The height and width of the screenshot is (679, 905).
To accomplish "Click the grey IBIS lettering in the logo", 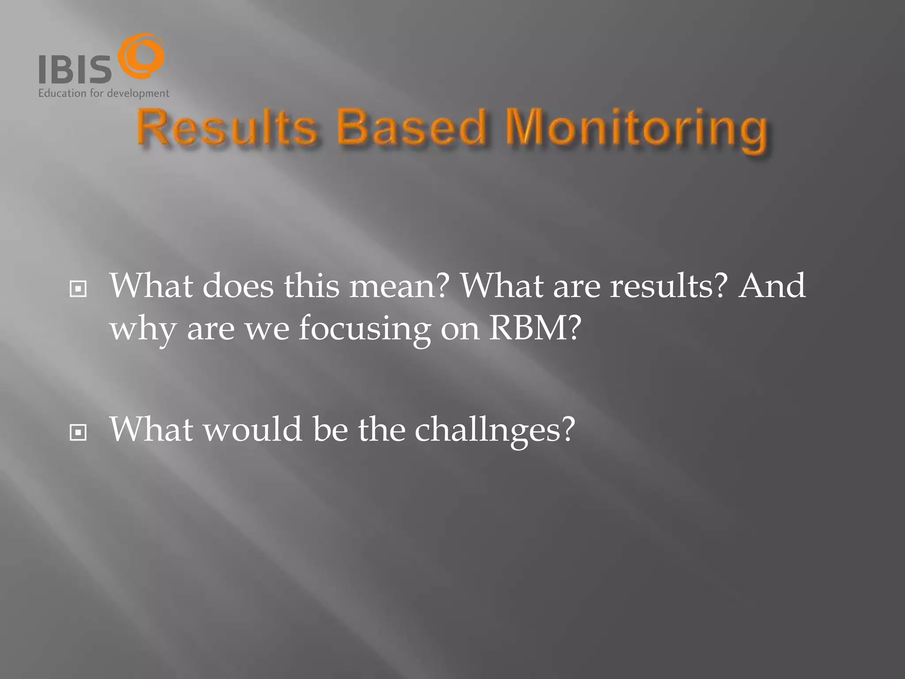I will [x=75, y=69].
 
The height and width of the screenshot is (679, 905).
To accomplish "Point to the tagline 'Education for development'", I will [x=103, y=93].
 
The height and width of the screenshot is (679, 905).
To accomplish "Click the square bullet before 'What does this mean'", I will [x=78, y=290].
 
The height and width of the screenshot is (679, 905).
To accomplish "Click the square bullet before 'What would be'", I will [x=78, y=432].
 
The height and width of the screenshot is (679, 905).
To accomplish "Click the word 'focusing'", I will [x=364, y=329].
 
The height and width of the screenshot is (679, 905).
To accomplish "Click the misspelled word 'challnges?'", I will [x=495, y=430].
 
